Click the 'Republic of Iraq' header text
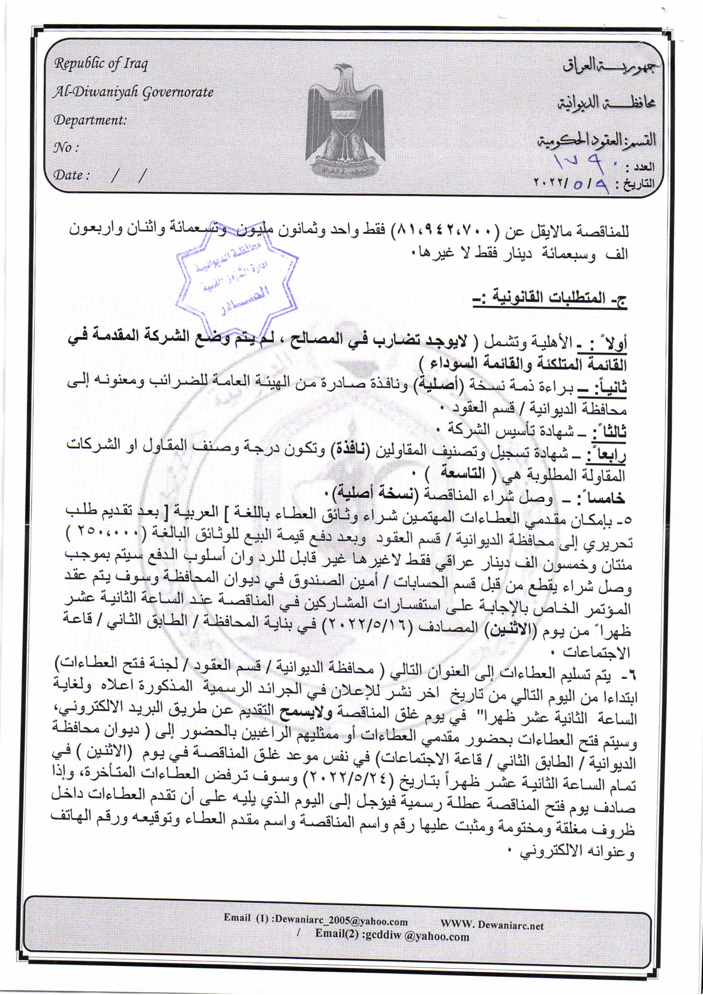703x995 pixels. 100,64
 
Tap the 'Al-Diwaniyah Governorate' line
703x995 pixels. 133,92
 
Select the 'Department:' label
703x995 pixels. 90,120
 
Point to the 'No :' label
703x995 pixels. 65,148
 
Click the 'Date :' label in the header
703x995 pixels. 71,175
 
